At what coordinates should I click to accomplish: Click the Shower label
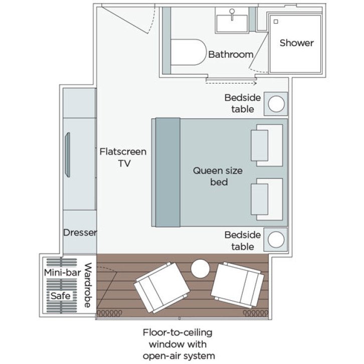(296, 43)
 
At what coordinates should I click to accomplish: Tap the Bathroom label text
(231, 54)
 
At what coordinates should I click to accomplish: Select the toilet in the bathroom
(188, 53)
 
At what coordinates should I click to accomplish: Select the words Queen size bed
(218, 176)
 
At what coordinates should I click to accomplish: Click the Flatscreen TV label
(123, 157)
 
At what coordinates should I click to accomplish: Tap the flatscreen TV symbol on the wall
(67, 154)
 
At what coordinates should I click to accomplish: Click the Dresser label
(80, 233)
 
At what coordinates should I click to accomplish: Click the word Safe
(60, 296)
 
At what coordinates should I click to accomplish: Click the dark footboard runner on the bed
(167, 172)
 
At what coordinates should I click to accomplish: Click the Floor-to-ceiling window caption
(178, 344)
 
